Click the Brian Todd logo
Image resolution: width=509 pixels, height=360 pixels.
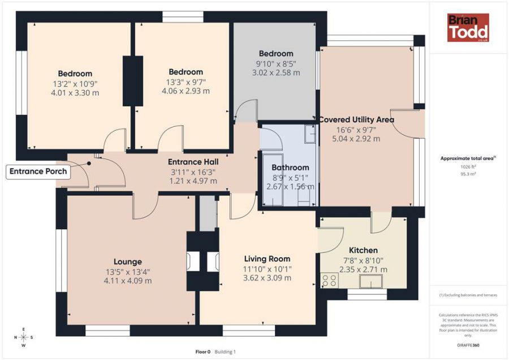tap(468, 28)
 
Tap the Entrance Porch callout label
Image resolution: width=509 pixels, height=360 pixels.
tap(38, 172)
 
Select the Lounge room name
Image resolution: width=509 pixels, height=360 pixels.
tap(128, 262)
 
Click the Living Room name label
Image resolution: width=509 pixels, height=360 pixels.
tap(267, 259)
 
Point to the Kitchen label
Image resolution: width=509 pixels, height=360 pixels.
tap(363, 250)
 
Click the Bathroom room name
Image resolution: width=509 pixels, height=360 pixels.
tap(290, 168)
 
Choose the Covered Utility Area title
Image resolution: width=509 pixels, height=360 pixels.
tap(356, 119)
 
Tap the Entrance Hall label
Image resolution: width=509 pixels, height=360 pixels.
tap(193, 162)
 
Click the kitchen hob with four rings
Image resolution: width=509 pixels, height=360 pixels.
tap(330, 280)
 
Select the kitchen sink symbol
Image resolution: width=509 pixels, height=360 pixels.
tap(370, 281)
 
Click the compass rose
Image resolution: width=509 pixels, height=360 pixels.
tap(24, 337)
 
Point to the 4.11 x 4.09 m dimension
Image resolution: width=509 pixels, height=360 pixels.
tap(128, 281)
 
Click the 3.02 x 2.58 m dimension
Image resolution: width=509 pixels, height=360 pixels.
tap(276, 73)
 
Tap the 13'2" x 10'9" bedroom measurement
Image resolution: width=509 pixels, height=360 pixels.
tap(75, 84)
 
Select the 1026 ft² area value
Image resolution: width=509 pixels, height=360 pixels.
tap(468, 166)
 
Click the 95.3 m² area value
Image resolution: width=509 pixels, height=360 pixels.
tap(468, 174)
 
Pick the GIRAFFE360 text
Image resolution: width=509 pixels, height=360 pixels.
tap(468, 345)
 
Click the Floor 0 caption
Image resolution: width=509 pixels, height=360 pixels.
tap(203, 352)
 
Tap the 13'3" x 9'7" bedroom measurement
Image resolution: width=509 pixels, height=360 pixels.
tap(186, 82)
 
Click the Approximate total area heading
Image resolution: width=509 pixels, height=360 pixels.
tap(468, 158)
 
